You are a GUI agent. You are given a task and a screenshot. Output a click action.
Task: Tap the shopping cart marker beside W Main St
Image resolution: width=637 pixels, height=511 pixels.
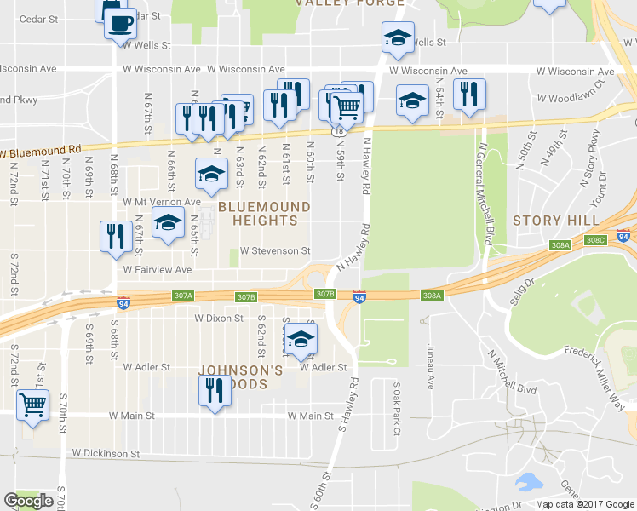[33, 405]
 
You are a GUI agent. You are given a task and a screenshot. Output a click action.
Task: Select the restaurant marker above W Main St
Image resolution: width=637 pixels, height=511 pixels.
[214, 391]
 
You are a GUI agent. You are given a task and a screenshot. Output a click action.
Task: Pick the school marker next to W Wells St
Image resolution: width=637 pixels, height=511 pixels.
[398, 37]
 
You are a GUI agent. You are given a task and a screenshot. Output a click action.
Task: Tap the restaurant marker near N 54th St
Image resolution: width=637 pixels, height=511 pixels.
[469, 94]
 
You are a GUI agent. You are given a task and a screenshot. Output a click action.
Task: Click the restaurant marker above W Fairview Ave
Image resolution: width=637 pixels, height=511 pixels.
[115, 236]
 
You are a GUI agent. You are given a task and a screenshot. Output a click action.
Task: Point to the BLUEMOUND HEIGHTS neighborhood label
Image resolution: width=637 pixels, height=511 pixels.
[258, 213]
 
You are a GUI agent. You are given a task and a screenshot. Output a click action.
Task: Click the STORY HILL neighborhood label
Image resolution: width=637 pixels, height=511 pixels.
[549, 221]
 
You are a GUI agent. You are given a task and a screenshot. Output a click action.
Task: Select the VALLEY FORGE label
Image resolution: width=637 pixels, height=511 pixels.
[350, 3]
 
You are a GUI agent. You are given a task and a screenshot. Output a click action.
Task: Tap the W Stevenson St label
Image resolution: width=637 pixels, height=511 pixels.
[275, 251]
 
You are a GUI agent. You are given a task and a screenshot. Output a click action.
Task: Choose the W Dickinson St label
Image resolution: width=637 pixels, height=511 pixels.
[106, 454]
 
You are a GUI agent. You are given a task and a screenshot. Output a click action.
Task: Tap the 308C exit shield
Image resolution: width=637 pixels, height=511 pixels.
[595, 240]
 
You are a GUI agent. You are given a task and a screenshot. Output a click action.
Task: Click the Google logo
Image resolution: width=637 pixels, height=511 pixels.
[28, 501]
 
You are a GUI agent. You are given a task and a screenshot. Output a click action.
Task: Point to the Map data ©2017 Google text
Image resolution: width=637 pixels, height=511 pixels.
[583, 504]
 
